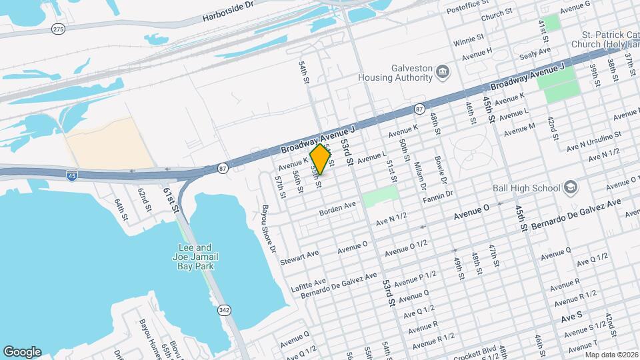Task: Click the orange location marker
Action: point(321,159)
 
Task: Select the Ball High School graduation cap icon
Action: point(571,187)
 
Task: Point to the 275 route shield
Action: point(59,29)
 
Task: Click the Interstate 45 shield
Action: point(72,176)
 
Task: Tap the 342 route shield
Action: point(224,310)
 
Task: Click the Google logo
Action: point(22,351)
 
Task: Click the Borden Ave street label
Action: point(338,209)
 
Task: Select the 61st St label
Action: point(171,199)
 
